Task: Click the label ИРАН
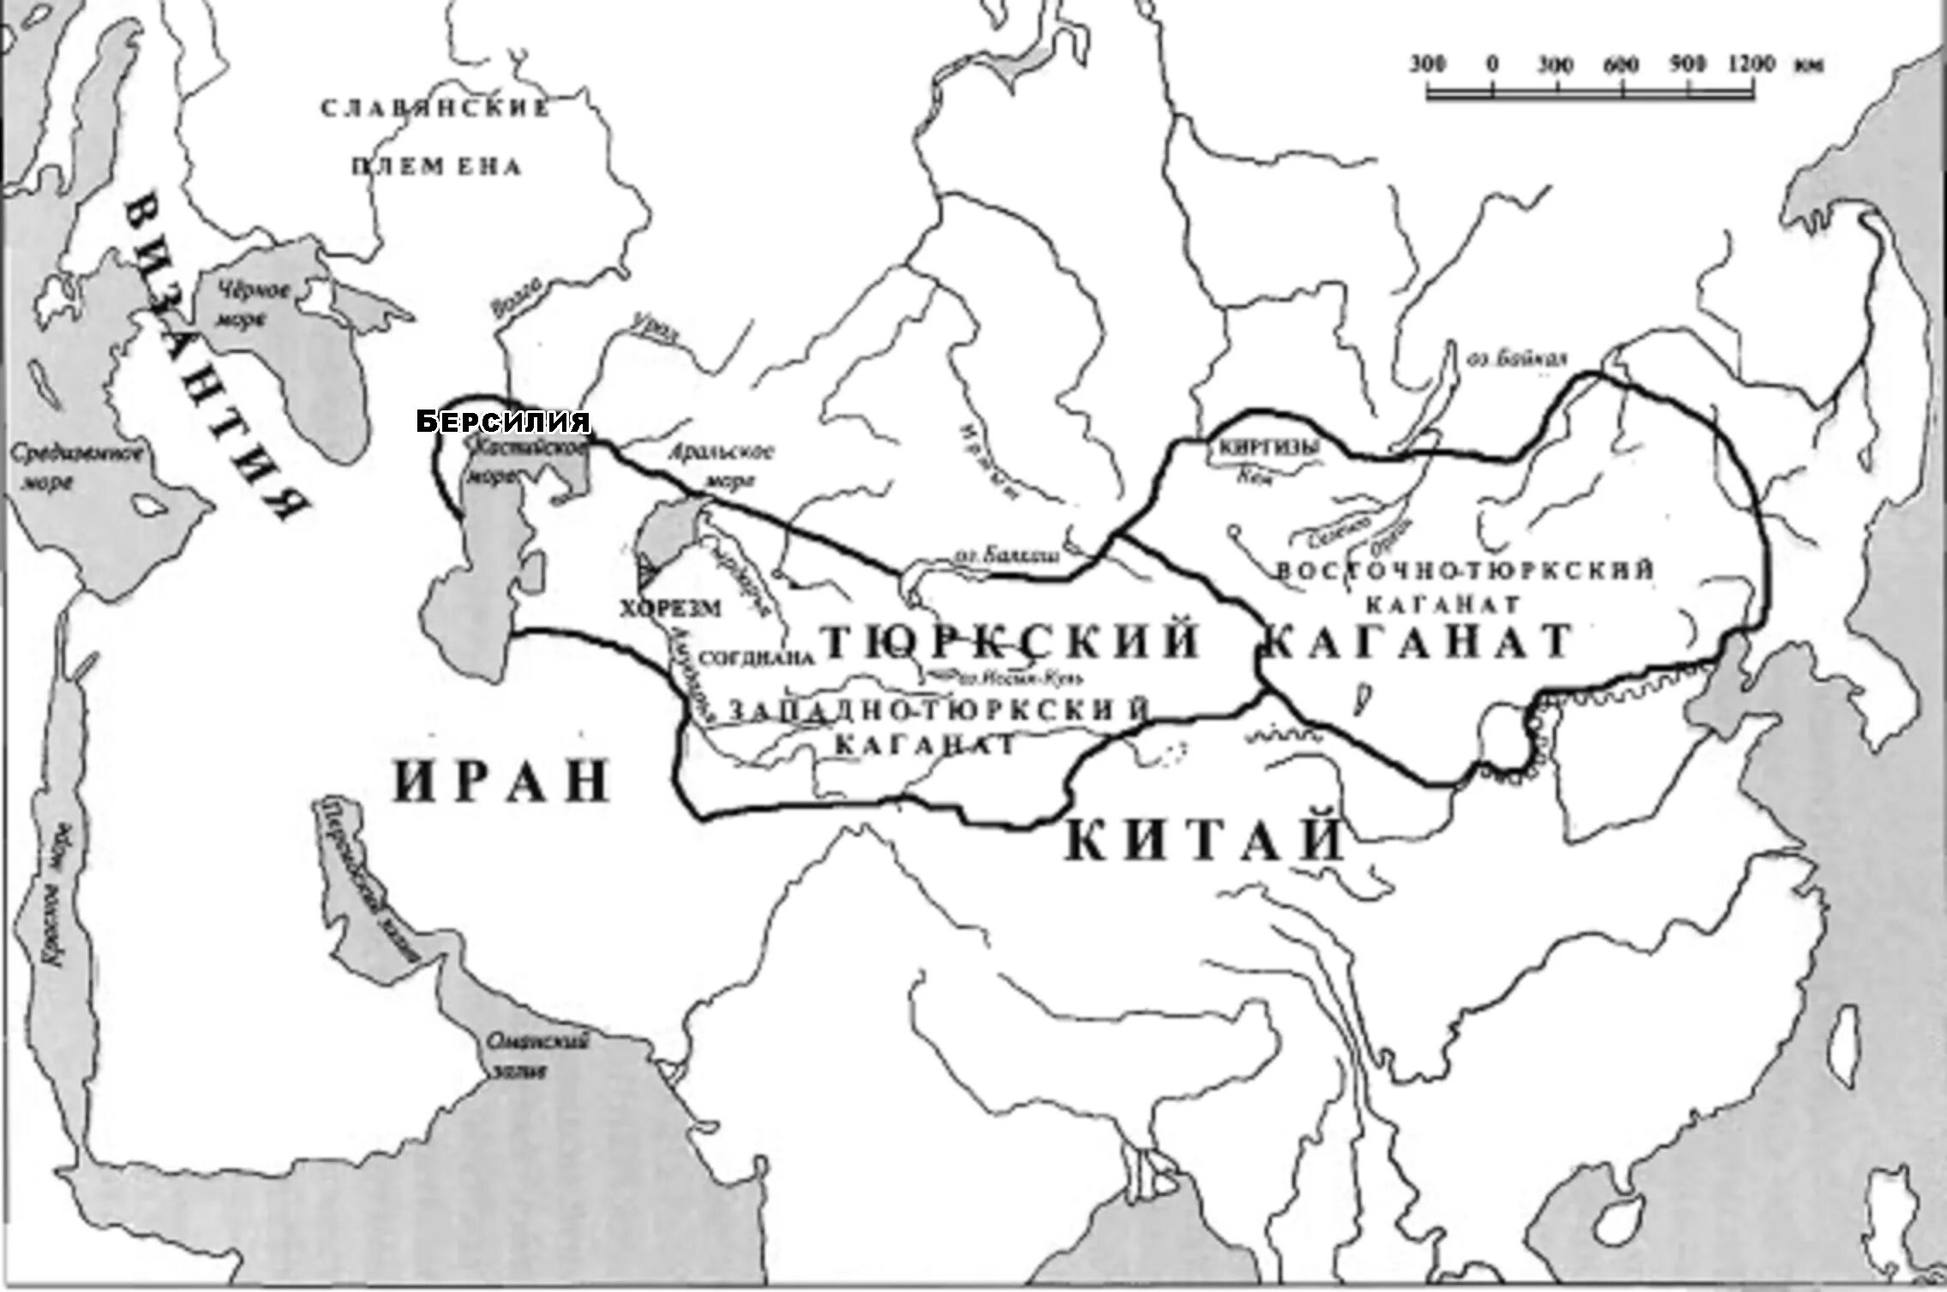[x=501, y=780]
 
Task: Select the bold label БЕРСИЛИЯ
[x=504, y=422]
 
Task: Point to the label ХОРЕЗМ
[x=670, y=608]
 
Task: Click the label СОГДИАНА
[x=755, y=658]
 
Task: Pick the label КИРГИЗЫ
[x=1261, y=448]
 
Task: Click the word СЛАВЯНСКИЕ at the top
[x=434, y=109]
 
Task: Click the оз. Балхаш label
[x=1005, y=556]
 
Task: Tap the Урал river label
[x=654, y=328]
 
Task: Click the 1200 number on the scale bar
[x=1728, y=64]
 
